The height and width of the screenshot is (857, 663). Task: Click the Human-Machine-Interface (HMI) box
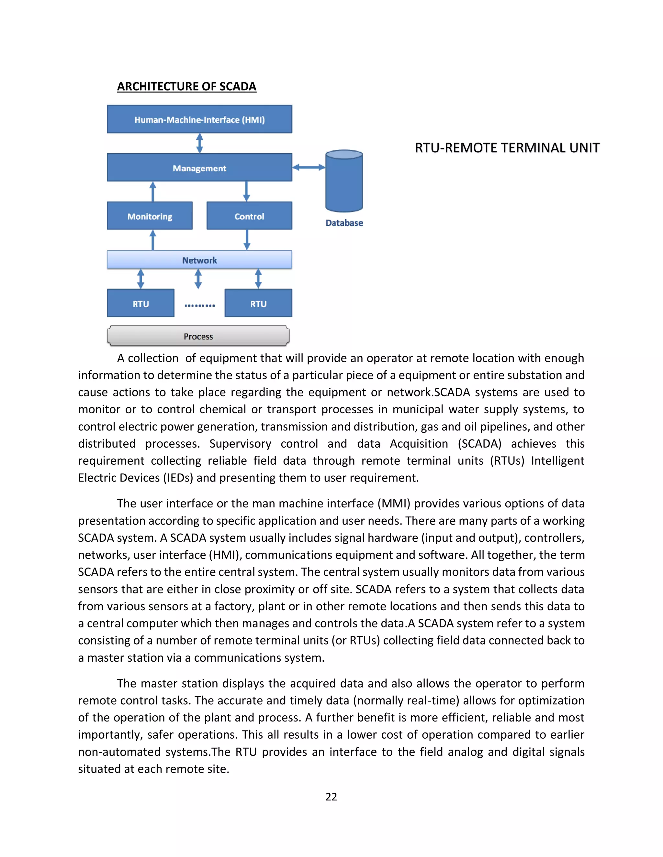point(199,119)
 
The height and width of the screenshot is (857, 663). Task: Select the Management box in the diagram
point(199,168)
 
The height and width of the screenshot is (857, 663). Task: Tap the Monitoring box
point(150,216)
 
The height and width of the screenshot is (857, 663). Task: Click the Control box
point(249,216)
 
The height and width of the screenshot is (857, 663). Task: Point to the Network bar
point(199,260)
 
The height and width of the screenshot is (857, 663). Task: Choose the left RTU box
point(140,303)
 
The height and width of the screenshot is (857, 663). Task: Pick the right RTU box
point(258,303)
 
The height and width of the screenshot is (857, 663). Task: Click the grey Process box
point(198,336)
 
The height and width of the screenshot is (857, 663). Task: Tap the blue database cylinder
point(344,181)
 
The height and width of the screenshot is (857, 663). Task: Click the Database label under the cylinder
point(344,223)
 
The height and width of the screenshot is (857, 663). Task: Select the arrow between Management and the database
point(309,168)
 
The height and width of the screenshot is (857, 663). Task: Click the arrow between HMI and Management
point(199,143)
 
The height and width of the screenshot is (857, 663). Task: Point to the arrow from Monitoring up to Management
point(153,191)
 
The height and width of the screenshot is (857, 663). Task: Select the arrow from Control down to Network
point(247,240)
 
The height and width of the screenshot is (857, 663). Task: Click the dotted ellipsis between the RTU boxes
point(199,305)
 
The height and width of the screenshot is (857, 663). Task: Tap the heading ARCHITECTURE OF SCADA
point(186,86)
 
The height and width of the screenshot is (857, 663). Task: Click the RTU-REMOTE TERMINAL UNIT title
point(507,148)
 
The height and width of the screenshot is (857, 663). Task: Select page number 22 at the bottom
point(331,797)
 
